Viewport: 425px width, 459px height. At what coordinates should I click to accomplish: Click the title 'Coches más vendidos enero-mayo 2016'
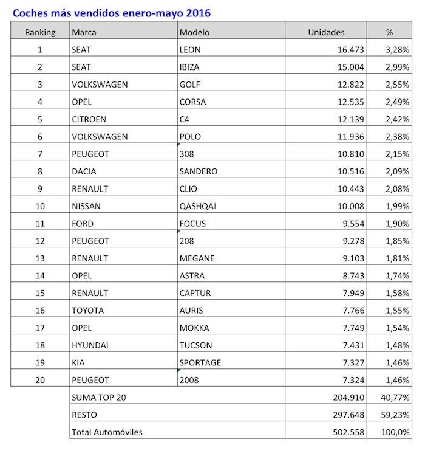(x=113, y=12)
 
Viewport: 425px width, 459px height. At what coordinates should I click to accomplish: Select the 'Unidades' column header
(x=326, y=32)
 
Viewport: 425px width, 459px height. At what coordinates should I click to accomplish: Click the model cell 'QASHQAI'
(x=199, y=206)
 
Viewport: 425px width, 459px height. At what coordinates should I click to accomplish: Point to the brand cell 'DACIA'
(x=84, y=171)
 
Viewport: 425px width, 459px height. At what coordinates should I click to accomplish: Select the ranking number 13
(x=41, y=258)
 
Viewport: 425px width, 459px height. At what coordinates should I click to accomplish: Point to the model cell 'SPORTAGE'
(x=201, y=363)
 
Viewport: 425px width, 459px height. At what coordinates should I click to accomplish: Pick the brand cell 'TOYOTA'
(x=87, y=311)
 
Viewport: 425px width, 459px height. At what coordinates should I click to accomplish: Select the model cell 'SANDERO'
(x=199, y=171)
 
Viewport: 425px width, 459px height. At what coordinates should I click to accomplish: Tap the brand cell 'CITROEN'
(x=89, y=119)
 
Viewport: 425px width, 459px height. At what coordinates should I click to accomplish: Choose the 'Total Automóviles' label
(x=107, y=432)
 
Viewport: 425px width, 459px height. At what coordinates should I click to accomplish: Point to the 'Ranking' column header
(x=41, y=32)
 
